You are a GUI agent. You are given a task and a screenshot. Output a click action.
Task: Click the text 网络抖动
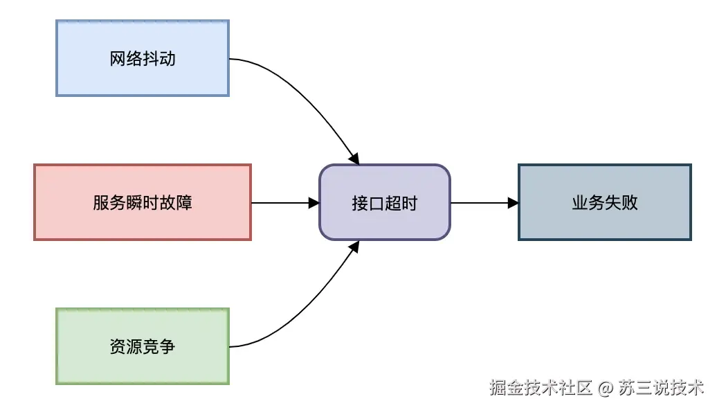coord(143,59)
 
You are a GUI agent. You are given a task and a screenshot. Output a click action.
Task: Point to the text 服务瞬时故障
coord(143,203)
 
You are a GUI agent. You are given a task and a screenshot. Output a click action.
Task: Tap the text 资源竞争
coord(143,346)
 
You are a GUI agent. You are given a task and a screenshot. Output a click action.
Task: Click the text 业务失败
coord(605,203)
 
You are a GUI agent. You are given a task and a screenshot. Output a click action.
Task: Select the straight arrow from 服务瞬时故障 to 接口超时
coord(280,203)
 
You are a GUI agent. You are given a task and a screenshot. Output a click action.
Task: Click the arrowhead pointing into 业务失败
coord(513,203)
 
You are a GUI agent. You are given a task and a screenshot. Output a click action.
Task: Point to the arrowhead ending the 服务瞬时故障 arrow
coord(314,203)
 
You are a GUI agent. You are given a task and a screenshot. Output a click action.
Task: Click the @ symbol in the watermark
coord(606,387)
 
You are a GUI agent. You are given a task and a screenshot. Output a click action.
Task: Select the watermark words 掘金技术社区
coord(541,387)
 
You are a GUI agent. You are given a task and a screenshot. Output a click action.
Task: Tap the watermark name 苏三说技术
coord(662,387)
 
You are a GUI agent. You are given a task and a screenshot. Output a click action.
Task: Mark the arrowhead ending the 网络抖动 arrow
coord(355,159)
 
